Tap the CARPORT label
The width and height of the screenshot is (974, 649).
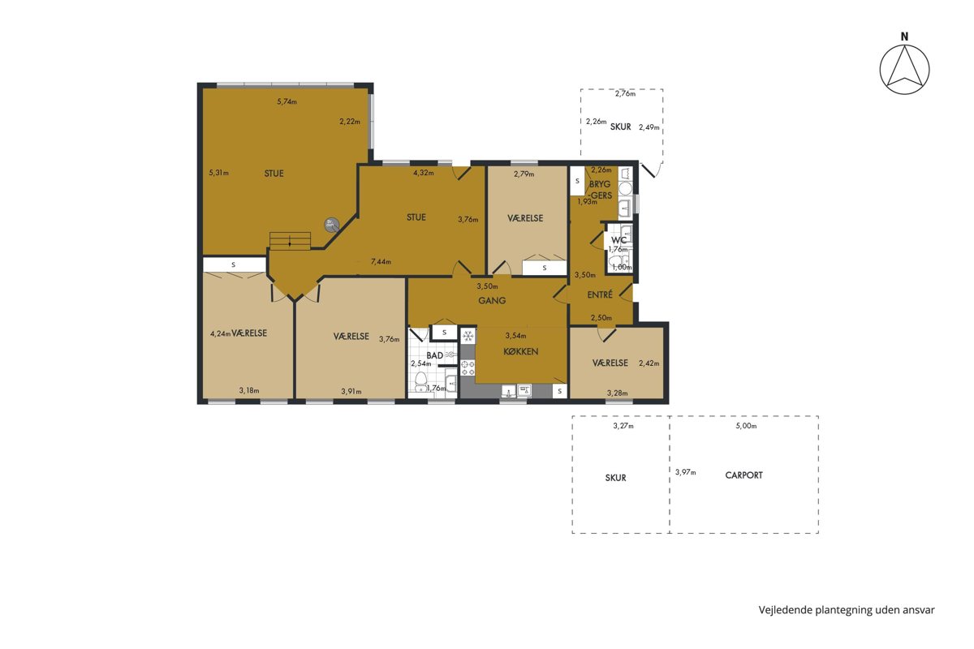point(743,475)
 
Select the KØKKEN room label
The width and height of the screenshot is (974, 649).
point(520,351)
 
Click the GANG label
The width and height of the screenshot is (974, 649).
point(492,300)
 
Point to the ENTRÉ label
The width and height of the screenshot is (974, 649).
point(600,294)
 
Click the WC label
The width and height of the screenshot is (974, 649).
point(618,240)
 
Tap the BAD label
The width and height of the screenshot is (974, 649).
point(434,355)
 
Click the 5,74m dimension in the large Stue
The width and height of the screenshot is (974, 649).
point(287,101)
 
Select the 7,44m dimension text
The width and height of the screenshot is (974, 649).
point(381,262)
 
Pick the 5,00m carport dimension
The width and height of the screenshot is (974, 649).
point(746,426)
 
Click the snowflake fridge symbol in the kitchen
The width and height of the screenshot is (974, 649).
point(468,336)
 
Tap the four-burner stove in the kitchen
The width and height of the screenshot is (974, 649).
point(468,367)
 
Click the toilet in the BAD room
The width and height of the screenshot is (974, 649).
point(420,380)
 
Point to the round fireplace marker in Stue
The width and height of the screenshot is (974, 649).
point(331,225)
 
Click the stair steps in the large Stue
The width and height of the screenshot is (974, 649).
point(290,241)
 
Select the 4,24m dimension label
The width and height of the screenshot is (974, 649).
point(220,334)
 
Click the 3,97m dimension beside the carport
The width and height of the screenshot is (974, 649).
point(685,472)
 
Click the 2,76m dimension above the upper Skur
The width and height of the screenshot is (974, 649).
point(625,93)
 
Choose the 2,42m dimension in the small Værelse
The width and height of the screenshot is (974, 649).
point(649,363)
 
